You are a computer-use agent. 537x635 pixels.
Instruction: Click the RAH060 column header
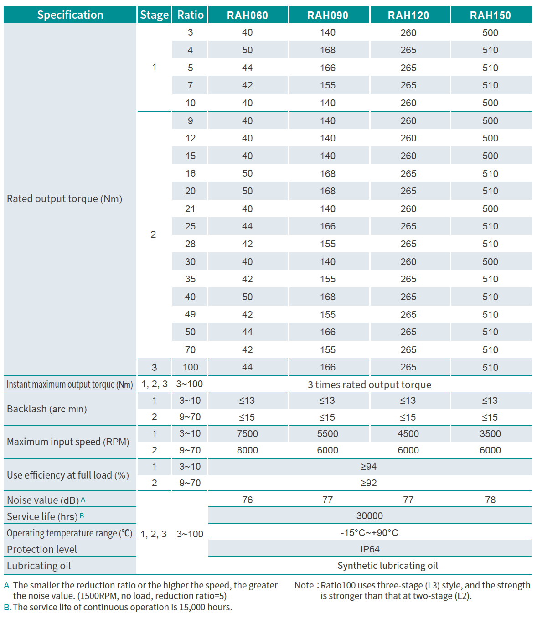point(248,15)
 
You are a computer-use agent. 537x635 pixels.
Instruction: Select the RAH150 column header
point(491,15)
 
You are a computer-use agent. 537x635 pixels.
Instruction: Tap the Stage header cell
point(154,15)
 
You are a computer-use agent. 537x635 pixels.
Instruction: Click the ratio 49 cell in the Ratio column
point(190,314)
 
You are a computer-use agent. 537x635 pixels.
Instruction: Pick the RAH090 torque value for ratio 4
point(328,50)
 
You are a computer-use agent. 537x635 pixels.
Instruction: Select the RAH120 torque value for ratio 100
point(408,367)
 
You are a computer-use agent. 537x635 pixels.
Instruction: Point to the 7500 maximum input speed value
point(248,434)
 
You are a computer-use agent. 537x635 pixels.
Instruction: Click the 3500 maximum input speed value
point(491,434)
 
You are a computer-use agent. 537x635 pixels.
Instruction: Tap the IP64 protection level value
point(370,549)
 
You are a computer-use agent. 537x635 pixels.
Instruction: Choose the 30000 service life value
point(370,516)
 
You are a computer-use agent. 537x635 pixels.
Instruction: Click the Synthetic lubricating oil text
point(387,566)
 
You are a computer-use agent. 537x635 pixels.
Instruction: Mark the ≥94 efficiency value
point(368,467)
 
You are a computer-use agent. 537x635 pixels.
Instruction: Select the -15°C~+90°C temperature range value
point(369,533)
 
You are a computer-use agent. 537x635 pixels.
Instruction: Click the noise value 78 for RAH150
point(491,500)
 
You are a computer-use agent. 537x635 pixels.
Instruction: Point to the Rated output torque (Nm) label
point(64,199)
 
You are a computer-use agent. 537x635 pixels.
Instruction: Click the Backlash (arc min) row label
point(46,409)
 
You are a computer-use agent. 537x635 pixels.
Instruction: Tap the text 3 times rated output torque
point(369,385)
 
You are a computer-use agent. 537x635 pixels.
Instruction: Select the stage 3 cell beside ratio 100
point(154,367)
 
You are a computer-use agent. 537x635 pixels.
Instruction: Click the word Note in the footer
point(304,585)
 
